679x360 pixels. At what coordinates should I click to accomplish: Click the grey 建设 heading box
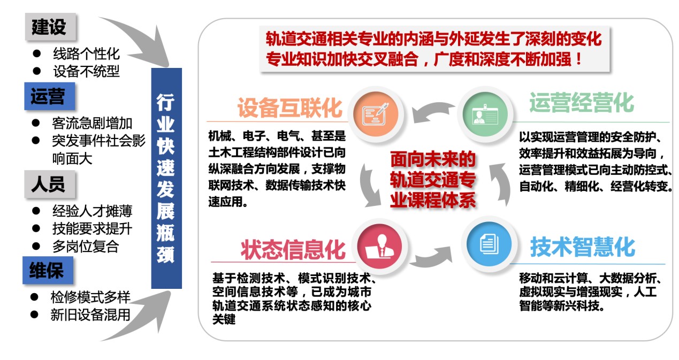(x=49, y=27)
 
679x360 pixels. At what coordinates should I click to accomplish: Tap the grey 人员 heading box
(x=49, y=185)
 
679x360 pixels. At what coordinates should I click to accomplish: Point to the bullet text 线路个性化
(x=86, y=54)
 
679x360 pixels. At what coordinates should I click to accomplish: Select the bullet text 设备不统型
(x=86, y=71)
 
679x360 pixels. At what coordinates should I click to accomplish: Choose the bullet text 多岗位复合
(x=86, y=246)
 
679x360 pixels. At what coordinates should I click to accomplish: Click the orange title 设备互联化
(x=289, y=108)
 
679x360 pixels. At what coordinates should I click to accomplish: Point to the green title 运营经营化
(x=582, y=103)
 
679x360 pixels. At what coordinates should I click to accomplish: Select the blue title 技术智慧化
(x=583, y=247)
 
